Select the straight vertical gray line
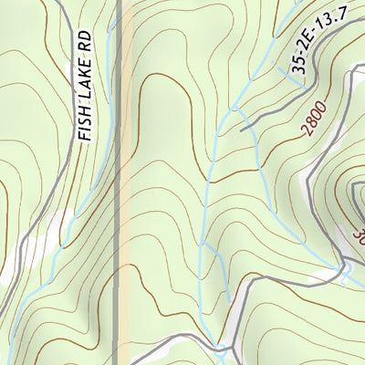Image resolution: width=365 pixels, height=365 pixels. point(118,182)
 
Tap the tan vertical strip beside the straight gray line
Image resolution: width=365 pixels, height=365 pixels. point(127,182)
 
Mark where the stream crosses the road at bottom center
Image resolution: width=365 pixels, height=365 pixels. point(219,347)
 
